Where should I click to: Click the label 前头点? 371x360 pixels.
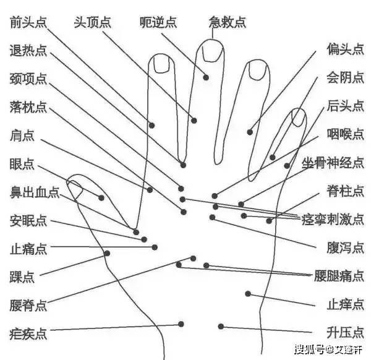[28, 22]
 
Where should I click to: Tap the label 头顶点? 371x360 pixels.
[92, 22]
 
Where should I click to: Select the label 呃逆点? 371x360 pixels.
[158, 22]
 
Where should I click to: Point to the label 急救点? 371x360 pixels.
[227, 22]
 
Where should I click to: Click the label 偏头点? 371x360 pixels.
[345, 49]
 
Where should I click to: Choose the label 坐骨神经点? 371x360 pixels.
[333, 163]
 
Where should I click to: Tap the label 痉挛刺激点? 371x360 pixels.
[333, 220]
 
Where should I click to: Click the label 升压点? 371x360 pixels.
[345, 333]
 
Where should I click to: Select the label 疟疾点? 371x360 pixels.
[28, 333]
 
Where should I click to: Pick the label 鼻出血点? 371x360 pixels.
[35, 192]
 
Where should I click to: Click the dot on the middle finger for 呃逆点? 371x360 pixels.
[206, 77]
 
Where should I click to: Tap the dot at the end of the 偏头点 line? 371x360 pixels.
[250, 132]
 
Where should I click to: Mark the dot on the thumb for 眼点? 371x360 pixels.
[101, 198]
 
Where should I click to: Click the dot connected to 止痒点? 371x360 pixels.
[248, 294]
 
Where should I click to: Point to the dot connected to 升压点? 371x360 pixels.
[221, 327]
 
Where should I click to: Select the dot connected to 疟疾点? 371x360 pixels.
[181, 324]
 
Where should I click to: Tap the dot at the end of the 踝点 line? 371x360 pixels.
[107, 253]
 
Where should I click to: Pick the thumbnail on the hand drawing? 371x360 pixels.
[75, 189]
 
